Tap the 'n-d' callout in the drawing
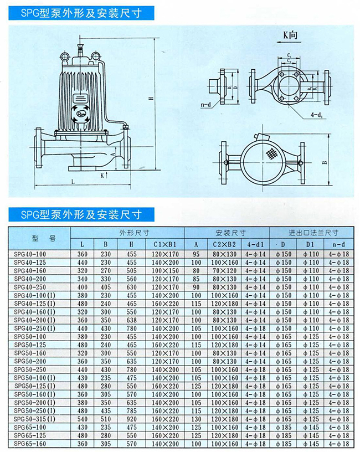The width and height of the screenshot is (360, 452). [x=206, y=104]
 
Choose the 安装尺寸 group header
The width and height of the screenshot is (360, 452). [x=227, y=233]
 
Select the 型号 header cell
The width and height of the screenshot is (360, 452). [x=40, y=238]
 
